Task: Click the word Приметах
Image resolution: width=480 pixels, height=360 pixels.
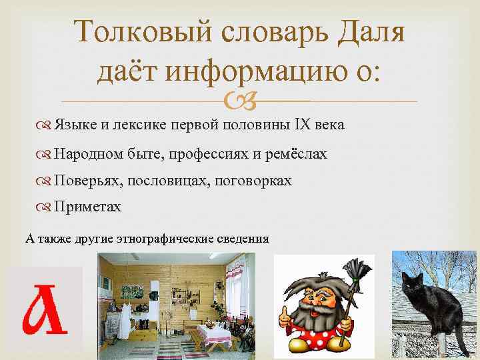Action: (x=87, y=207)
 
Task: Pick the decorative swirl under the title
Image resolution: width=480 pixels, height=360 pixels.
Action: (x=240, y=101)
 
